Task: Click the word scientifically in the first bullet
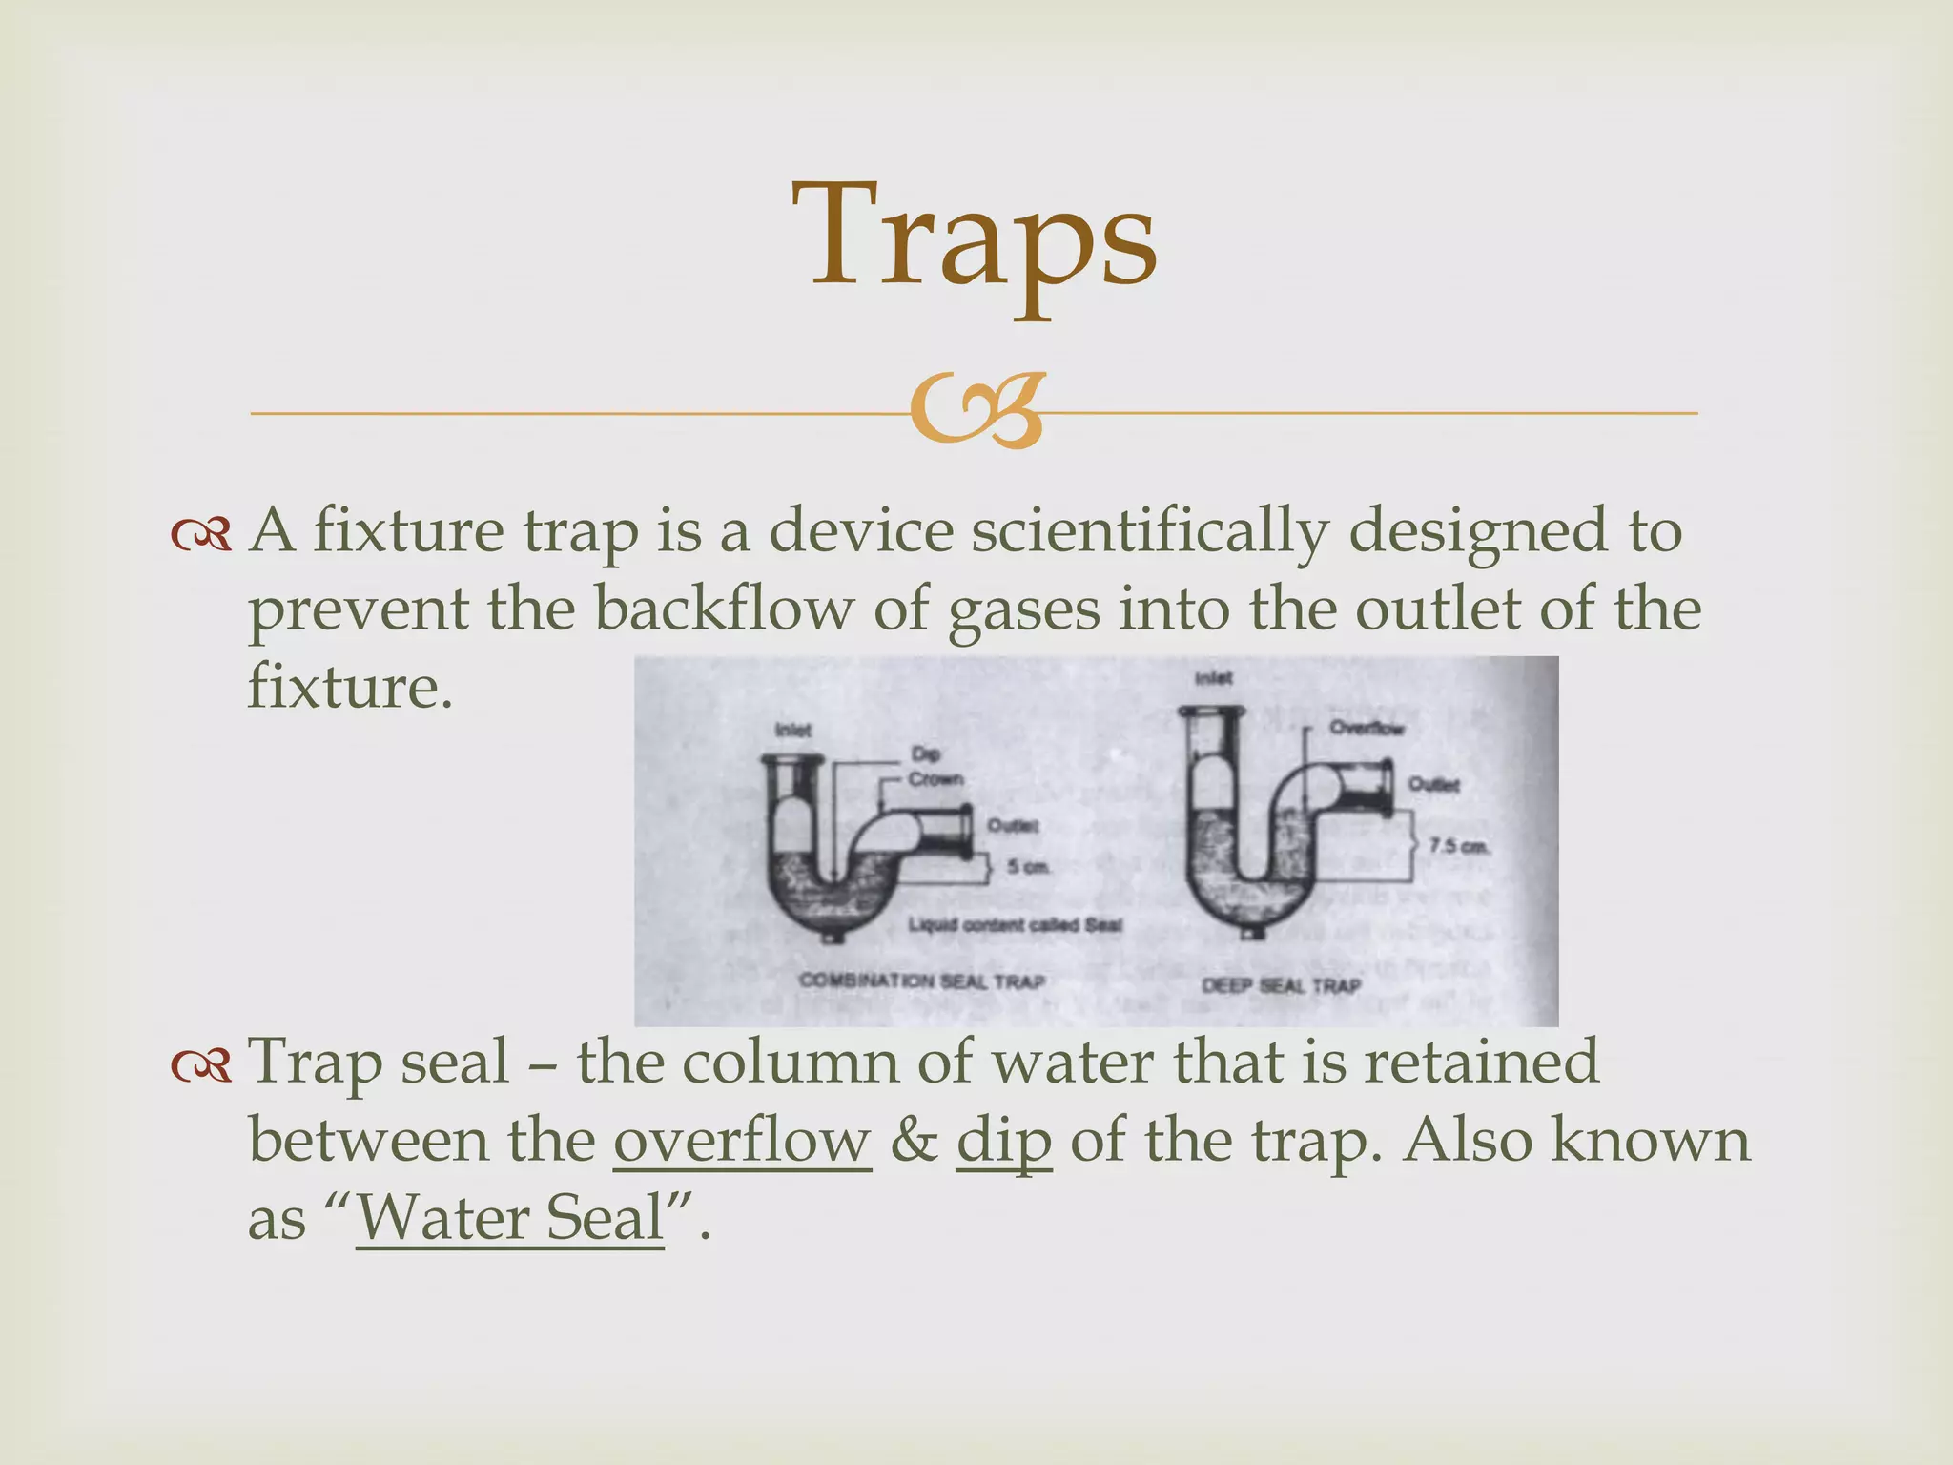pyautogui.click(x=1148, y=530)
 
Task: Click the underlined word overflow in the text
pyautogui.click(x=742, y=1139)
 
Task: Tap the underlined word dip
pyautogui.click(x=1004, y=1139)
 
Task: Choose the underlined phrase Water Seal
pyautogui.click(x=509, y=1217)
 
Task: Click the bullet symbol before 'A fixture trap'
pyautogui.click(x=201, y=534)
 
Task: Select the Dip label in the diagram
pyautogui.click(x=924, y=753)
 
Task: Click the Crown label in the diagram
pyautogui.click(x=935, y=779)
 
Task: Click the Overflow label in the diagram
pyautogui.click(x=1367, y=728)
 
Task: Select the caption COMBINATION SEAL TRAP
pyautogui.click(x=921, y=980)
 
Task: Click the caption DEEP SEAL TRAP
pyautogui.click(x=1280, y=985)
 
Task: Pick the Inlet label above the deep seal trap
pyautogui.click(x=1213, y=678)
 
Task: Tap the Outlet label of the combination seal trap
pyautogui.click(x=1012, y=825)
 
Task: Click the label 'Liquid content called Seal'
pyautogui.click(x=1015, y=924)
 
